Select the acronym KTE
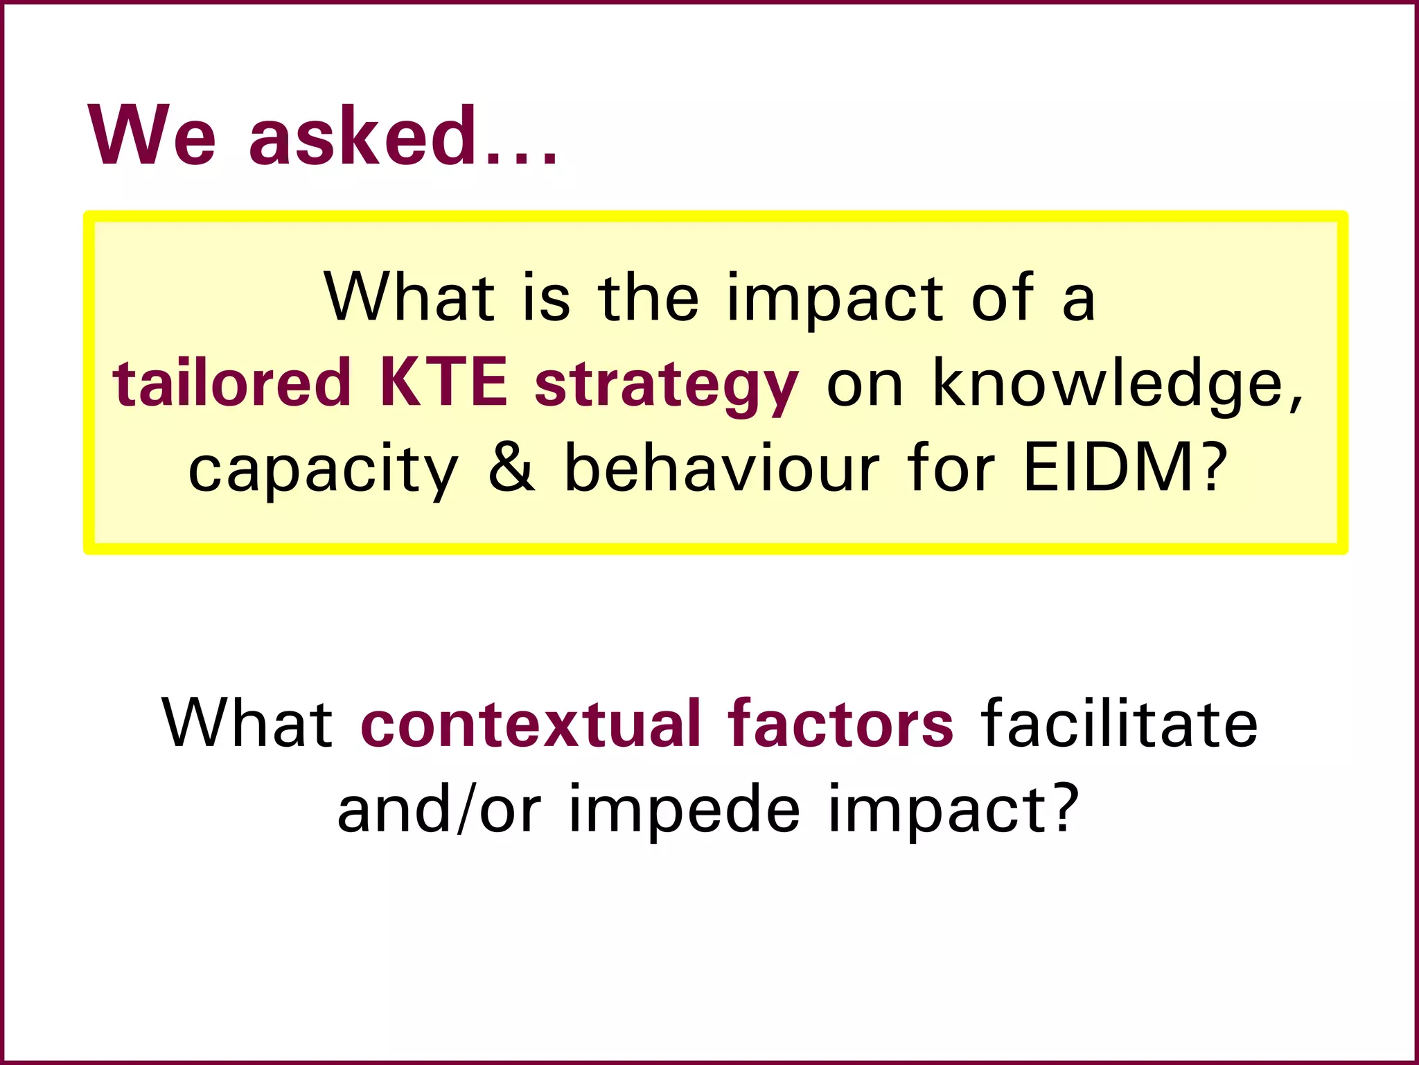coord(443,383)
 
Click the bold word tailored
coord(232,383)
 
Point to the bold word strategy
coord(667,386)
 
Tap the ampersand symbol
coord(512,468)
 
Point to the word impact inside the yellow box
coord(835,300)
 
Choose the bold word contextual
coord(531,725)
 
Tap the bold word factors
coord(840,725)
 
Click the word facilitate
coord(1119,725)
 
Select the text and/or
coord(439,809)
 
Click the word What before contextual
coord(247,725)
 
